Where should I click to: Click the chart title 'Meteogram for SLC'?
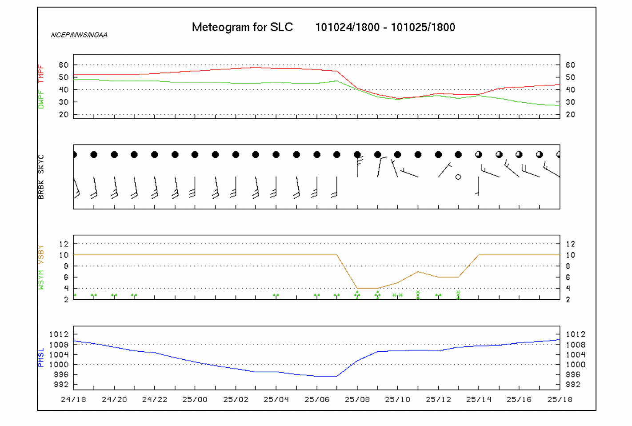(x=242, y=27)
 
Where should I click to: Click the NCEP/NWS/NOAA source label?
(x=79, y=35)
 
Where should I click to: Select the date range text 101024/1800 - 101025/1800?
(x=385, y=27)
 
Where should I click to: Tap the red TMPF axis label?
(x=41, y=74)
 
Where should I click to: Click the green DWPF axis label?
(x=41, y=100)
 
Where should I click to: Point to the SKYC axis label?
(x=41, y=164)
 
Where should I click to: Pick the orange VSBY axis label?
(x=41, y=255)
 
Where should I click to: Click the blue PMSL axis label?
(x=41, y=358)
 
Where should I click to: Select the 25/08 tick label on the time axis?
(x=357, y=399)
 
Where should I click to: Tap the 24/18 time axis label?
(x=73, y=399)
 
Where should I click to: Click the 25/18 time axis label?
(x=560, y=399)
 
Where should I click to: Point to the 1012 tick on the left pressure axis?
(x=59, y=334)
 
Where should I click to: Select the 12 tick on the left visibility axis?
(x=64, y=244)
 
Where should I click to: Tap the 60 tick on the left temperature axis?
(x=64, y=65)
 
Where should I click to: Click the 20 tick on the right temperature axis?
(x=570, y=115)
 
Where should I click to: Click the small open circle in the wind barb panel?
(x=458, y=177)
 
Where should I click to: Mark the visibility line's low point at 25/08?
(x=357, y=288)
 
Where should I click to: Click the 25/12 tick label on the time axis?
(x=438, y=399)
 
